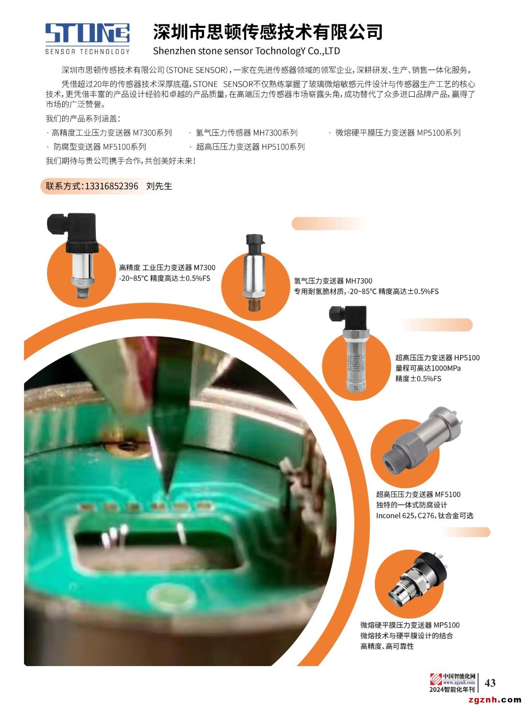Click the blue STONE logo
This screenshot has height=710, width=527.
[x=87, y=33]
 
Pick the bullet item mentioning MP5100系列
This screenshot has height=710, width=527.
[x=397, y=133]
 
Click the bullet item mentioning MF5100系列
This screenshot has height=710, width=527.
[x=99, y=146]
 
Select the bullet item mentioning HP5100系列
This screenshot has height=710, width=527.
[x=250, y=146]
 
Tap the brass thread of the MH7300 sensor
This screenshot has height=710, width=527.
[x=254, y=304]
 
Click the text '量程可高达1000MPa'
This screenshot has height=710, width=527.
[x=428, y=368]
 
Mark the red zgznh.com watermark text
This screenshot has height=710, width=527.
[x=495, y=700]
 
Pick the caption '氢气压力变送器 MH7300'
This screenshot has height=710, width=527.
[x=333, y=281]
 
